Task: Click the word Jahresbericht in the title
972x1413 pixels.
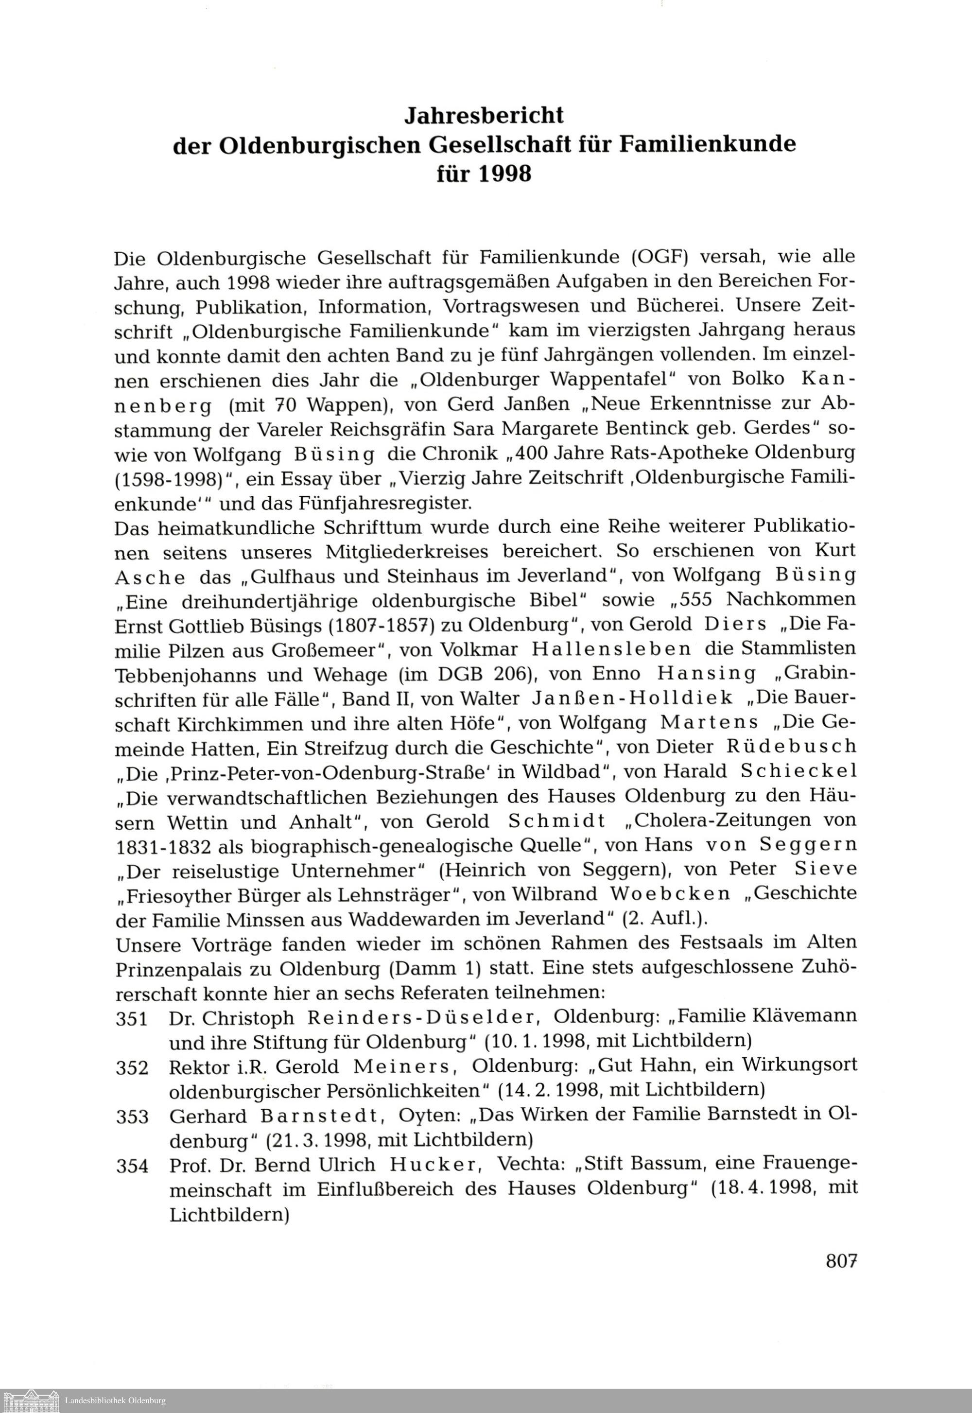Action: [x=485, y=115]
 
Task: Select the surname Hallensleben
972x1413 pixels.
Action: [x=611, y=649]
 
